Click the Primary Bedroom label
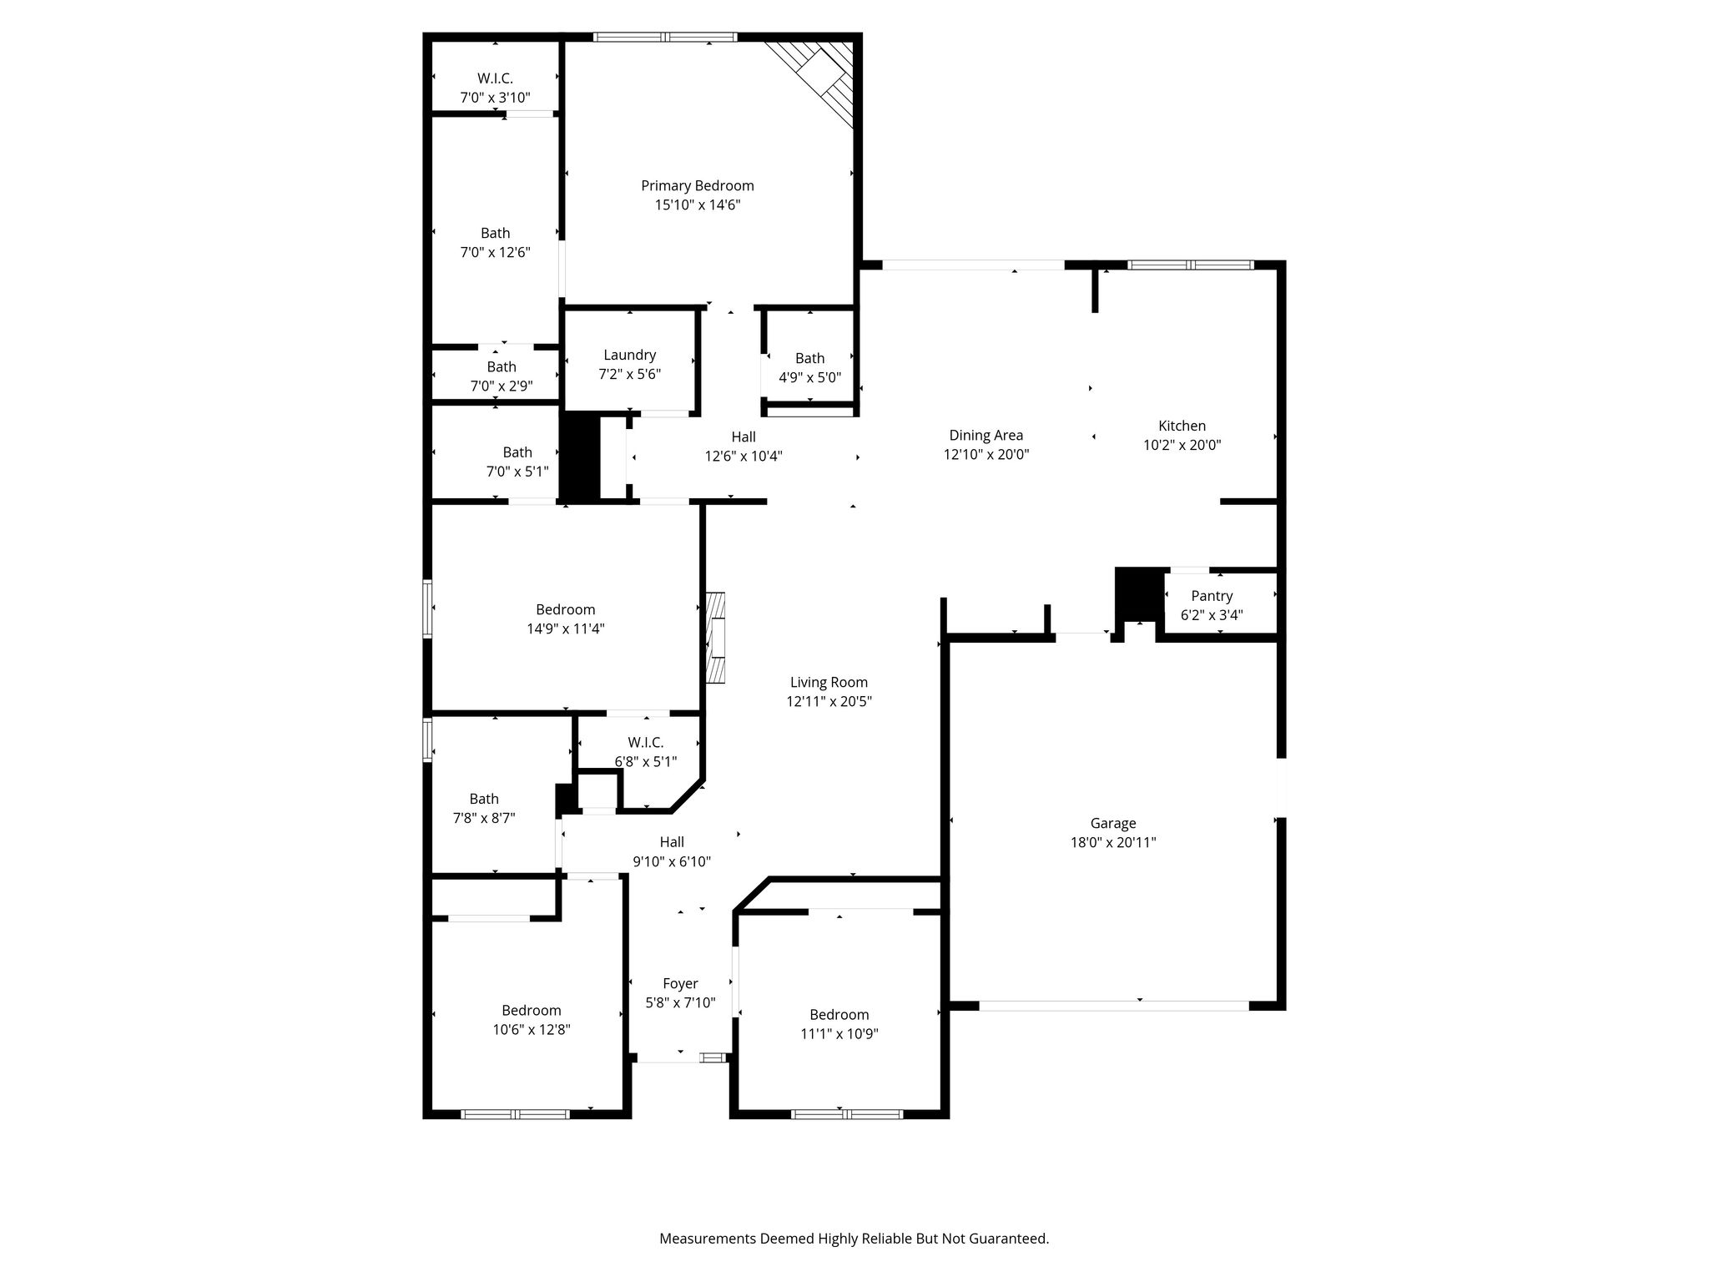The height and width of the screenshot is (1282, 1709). pyautogui.click(x=698, y=186)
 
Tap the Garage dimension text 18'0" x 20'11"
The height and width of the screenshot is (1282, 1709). pyautogui.click(x=1113, y=843)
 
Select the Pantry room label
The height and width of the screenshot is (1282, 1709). pyautogui.click(x=1212, y=596)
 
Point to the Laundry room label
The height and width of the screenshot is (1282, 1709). pyautogui.click(x=630, y=356)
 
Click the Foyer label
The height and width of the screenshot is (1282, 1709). pyautogui.click(x=680, y=984)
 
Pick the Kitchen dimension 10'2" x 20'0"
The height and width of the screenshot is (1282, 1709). pyautogui.click(x=1182, y=446)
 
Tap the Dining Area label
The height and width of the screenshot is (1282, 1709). pyautogui.click(x=986, y=436)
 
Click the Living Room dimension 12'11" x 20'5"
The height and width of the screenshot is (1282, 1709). pyautogui.click(x=829, y=702)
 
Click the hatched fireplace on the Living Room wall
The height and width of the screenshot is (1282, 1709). pyautogui.click(x=715, y=638)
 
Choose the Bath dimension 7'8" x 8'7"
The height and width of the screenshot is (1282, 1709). pyautogui.click(x=484, y=819)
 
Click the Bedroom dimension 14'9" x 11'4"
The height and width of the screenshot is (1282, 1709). pyautogui.click(x=566, y=629)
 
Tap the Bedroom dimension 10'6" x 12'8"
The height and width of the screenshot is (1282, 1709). pyautogui.click(x=532, y=1030)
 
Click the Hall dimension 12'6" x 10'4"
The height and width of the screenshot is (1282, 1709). pyautogui.click(x=744, y=457)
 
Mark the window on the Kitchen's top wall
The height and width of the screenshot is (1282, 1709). pyautogui.click(x=1191, y=265)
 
